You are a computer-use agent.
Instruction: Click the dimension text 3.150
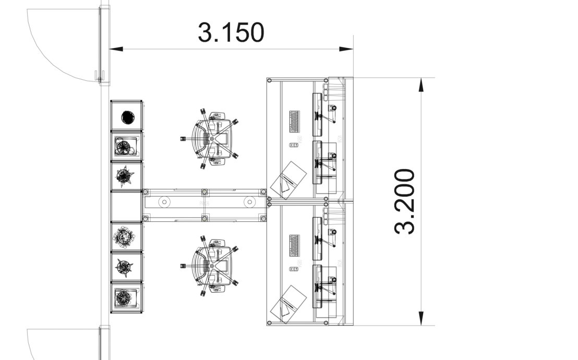pos(231,32)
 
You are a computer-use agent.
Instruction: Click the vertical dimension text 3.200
pos(405,201)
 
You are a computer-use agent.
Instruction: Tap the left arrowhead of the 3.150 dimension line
pos(116,49)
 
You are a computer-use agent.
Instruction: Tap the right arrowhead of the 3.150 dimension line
pos(346,49)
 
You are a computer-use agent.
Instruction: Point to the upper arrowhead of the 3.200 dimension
pos(422,85)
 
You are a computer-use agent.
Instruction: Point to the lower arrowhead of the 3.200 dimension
pos(422,318)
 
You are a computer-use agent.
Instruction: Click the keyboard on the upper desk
pos(294,122)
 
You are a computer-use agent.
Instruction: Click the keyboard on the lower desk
pos(294,246)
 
